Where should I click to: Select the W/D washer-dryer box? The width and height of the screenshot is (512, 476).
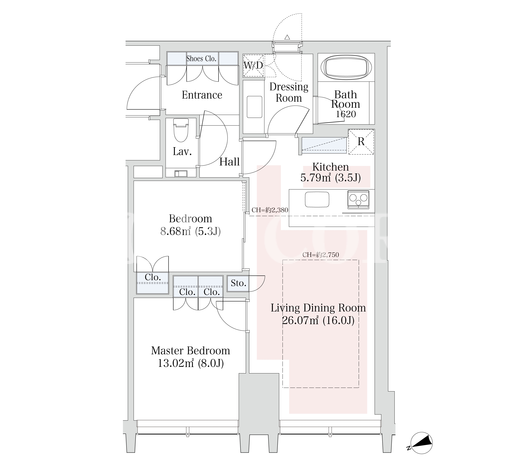(253, 65)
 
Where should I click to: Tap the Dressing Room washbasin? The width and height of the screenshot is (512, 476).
(254, 107)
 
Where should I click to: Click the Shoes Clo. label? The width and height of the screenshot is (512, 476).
(201, 59)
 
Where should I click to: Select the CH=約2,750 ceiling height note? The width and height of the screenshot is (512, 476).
(321, 255)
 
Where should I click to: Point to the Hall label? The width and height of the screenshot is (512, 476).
(229, 162)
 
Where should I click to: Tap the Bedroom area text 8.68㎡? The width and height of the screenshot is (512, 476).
(175, 231)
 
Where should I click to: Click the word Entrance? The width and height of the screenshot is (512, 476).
(202, 95)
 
